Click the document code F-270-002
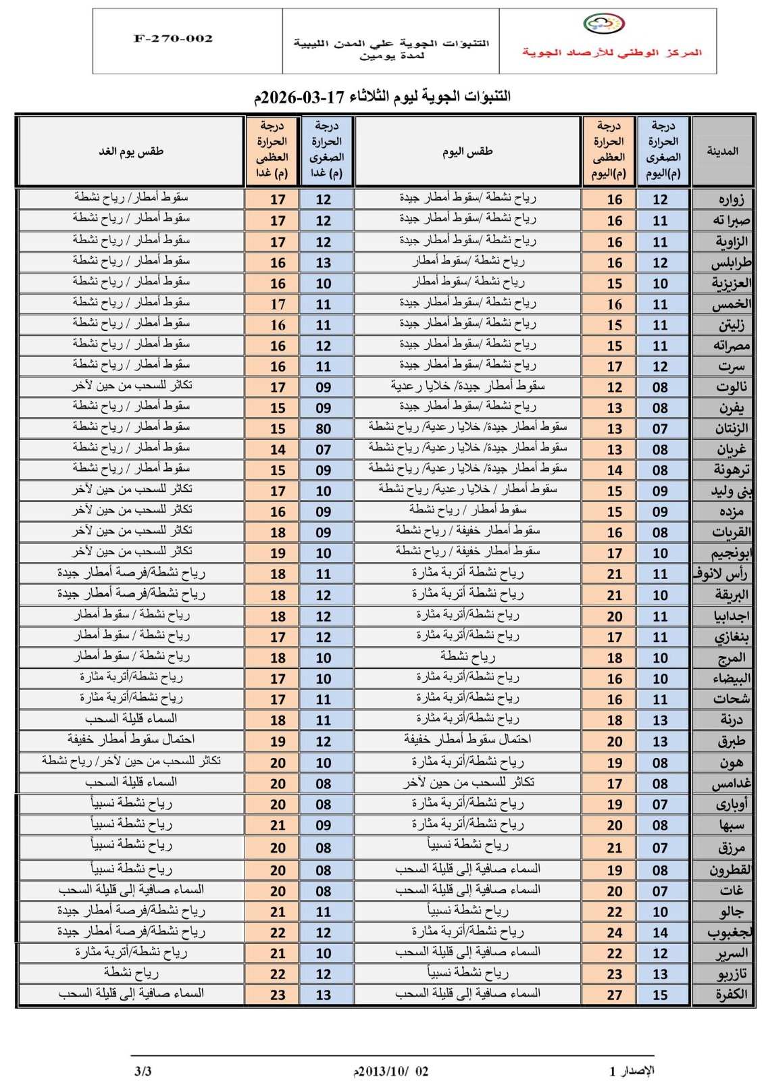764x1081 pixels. point(173,39)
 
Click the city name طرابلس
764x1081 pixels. point(730,263)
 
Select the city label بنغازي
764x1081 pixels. point(731,637)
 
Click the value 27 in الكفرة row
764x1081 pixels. point(614,995)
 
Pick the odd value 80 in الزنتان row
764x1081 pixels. point(324,429)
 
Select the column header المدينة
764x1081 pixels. point(722,151)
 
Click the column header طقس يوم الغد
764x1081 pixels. point(131,151)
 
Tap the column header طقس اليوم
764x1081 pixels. point(467,151)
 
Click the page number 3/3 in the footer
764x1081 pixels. point(143,1071)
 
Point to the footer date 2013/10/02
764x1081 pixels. point(390,1072)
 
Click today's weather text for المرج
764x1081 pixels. point(467,656)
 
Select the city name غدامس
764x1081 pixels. point(731,784)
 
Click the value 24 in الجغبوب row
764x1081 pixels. point(614,932)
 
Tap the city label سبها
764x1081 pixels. point(732,825)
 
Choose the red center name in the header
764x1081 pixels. point(611,52)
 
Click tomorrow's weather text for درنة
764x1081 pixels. point(131,719)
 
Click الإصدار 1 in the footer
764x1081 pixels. point(632,1071)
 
